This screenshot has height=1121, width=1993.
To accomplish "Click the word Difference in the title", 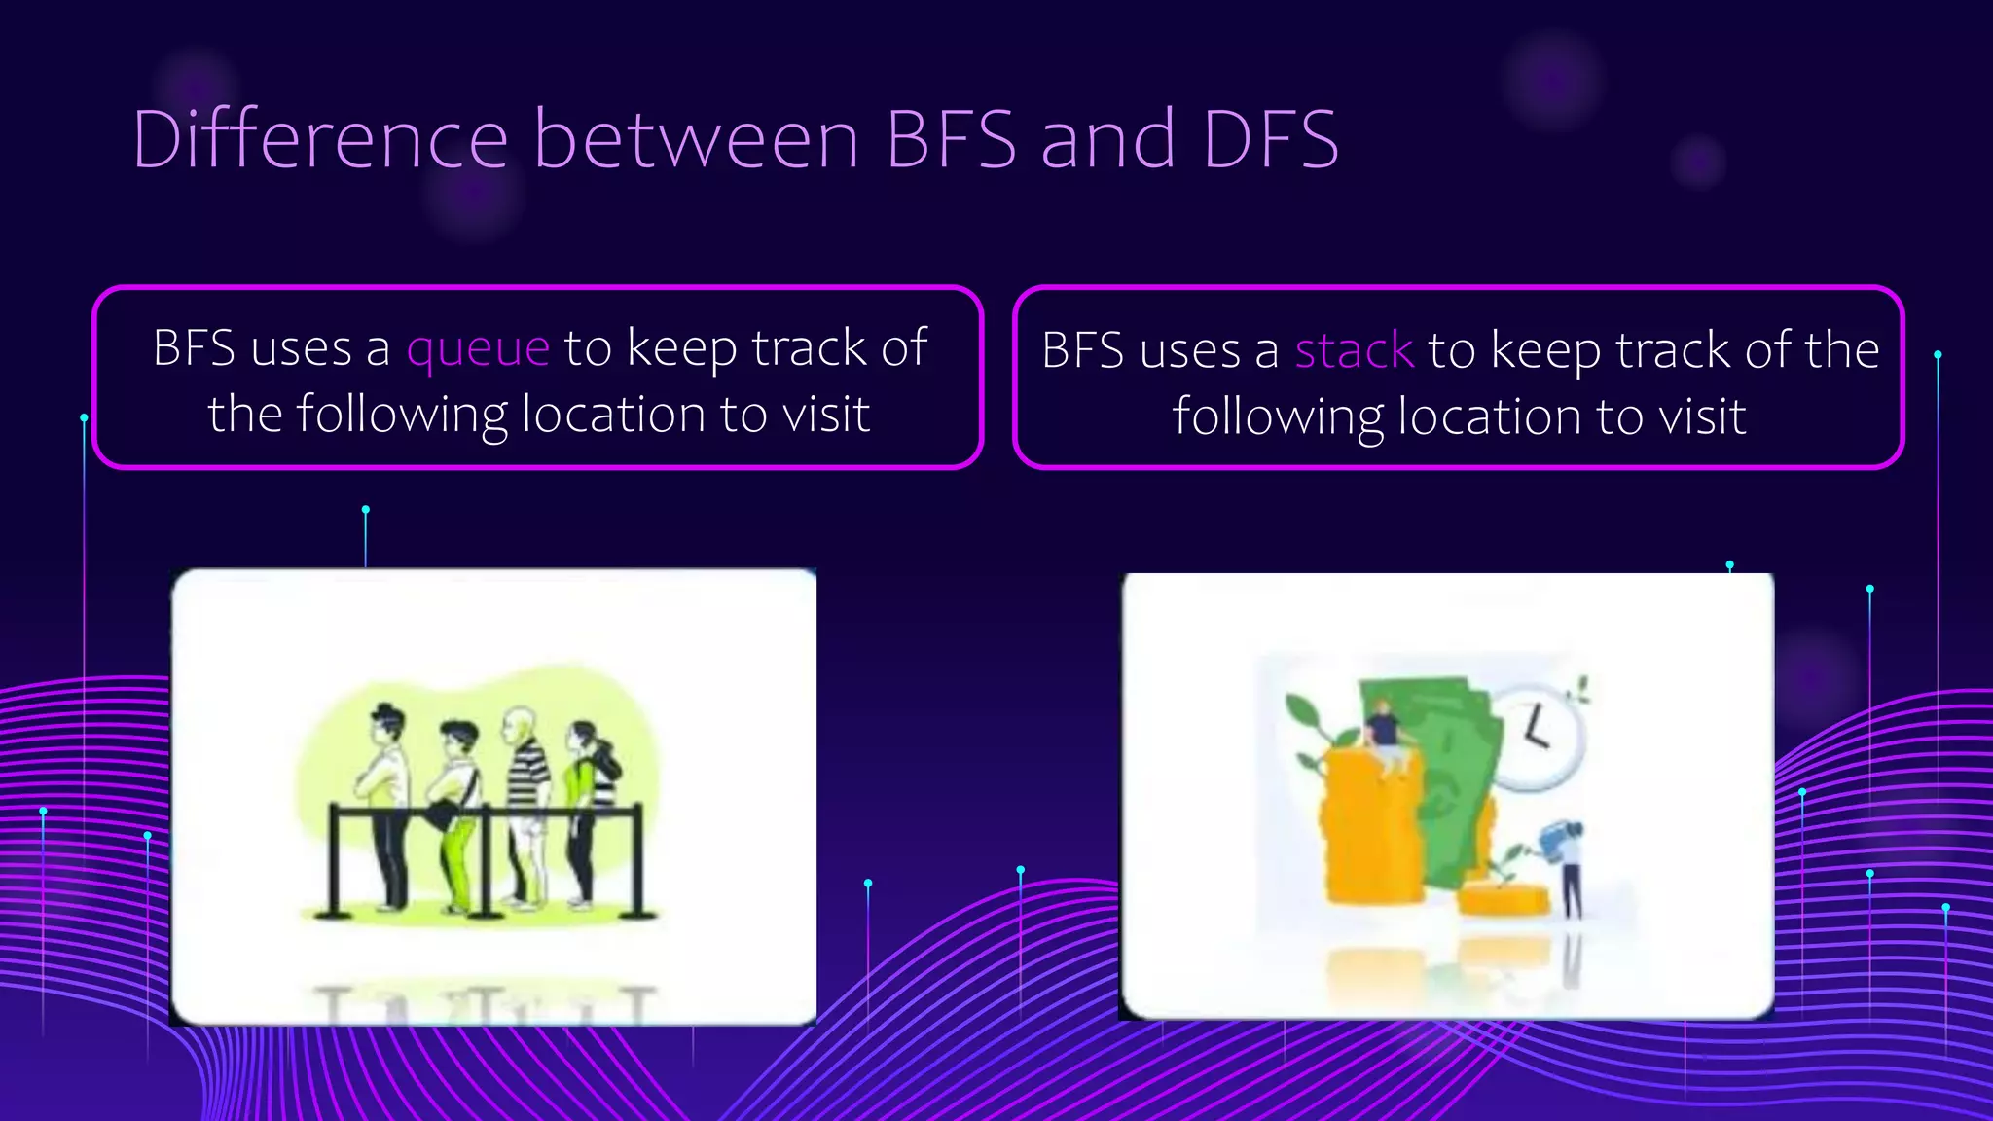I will tap(320, 139).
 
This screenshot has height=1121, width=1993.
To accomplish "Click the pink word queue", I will tap(478, 349).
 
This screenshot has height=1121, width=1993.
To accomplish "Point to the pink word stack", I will tap(1354, 350).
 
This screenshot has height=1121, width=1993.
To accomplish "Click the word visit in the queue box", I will tap(826, 415).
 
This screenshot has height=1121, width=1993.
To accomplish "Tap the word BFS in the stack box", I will tap(1080, 350).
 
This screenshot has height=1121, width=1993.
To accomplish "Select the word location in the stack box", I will tap(1491, 416).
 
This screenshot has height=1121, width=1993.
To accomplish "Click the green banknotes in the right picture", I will tap(1450, 769).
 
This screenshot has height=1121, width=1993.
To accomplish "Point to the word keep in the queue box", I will tap(682, 349).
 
